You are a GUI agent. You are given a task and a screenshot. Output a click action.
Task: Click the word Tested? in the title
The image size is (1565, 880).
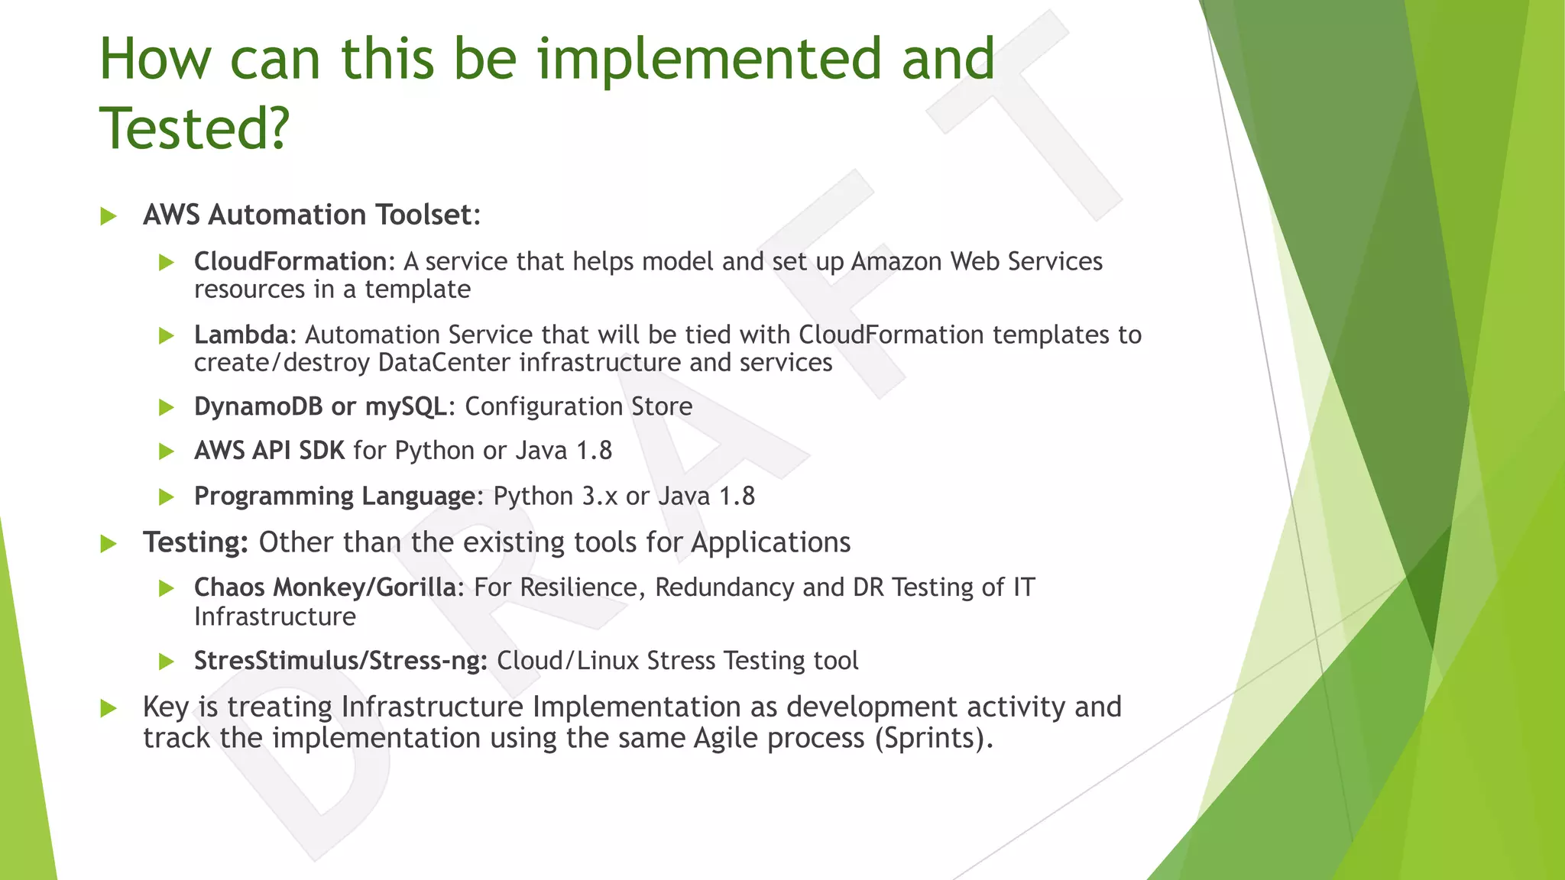click(x=195, y=128)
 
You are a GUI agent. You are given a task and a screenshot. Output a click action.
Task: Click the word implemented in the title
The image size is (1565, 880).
click(x=709, y=60)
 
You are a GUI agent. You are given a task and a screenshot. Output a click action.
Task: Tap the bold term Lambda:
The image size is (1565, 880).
click(x=245, y=335)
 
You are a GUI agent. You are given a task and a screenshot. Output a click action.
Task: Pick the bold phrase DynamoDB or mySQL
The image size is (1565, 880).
click(x=320, y=406)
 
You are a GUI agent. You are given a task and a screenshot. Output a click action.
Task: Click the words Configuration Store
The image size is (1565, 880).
click(x=578, y=406)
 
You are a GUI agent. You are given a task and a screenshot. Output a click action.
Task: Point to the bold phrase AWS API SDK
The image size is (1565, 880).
click(x=270, y=451)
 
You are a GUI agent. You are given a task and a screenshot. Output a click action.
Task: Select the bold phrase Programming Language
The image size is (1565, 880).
click(x=335, y=497)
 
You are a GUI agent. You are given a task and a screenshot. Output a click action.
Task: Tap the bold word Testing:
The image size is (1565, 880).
click(x=196, y=542)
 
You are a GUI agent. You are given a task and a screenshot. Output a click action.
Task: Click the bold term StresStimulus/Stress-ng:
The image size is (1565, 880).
click(x=341, y=661)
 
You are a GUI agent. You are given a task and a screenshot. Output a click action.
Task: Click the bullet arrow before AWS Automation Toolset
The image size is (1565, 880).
click(x=109, y=216)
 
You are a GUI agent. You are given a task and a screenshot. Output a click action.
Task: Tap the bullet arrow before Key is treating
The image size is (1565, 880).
click(x=109, y=708)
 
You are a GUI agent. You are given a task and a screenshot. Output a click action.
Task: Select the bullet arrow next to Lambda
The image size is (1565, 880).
click(x=167, y=336)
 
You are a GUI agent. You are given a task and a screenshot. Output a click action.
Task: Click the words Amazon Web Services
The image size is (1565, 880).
click(x=977, y=262)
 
